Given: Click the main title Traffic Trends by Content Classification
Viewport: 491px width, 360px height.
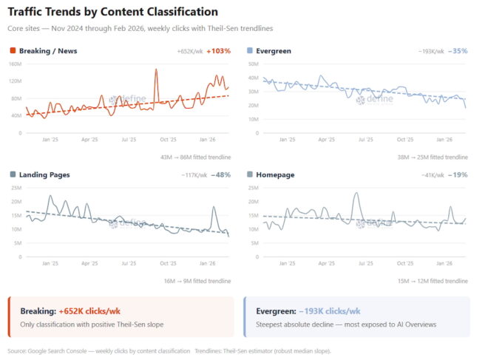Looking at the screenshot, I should click(112, 12).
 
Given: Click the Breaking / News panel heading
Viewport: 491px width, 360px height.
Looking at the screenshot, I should click(48, 51).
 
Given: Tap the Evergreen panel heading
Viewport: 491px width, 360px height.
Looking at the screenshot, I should click(273, 51).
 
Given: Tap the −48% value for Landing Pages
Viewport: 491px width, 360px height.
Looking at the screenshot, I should click(220, 174).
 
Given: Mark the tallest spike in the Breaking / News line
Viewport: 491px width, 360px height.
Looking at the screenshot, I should click(156, 70).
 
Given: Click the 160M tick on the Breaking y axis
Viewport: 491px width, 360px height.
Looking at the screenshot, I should click(15, 64).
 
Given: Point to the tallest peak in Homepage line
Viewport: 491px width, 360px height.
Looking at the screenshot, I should click(356, 194).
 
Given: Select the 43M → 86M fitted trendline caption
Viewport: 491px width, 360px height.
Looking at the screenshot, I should click(195, 157).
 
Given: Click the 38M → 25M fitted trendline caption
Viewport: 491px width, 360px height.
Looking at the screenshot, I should click(433, 157).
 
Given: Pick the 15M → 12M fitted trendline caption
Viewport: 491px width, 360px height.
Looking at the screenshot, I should click(433, 281).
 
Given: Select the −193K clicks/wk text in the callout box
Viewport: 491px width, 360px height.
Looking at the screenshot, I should click(330, 311).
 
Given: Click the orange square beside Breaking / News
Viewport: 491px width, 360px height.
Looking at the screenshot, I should click(13, 51).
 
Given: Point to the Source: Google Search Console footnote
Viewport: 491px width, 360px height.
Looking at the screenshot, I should click(96, 350).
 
